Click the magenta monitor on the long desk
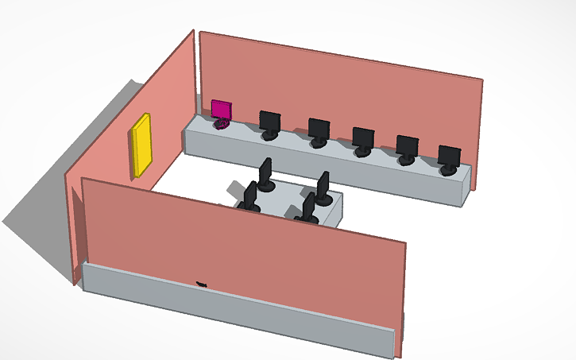tap(222, 110)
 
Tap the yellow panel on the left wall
tap(142, 145)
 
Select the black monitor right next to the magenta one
tap(270, 122)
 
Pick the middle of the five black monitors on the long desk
tap(363, 138)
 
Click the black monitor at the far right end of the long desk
tap(449, 157)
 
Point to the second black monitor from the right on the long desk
tap(407, 147)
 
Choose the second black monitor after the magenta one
tap(319, 130)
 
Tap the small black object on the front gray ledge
tap(201, 284)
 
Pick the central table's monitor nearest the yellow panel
tap(251, 195)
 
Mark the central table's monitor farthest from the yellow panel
tap(323, 187)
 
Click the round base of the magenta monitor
tap(222, 124)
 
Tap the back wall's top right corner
tap(481, 81)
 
